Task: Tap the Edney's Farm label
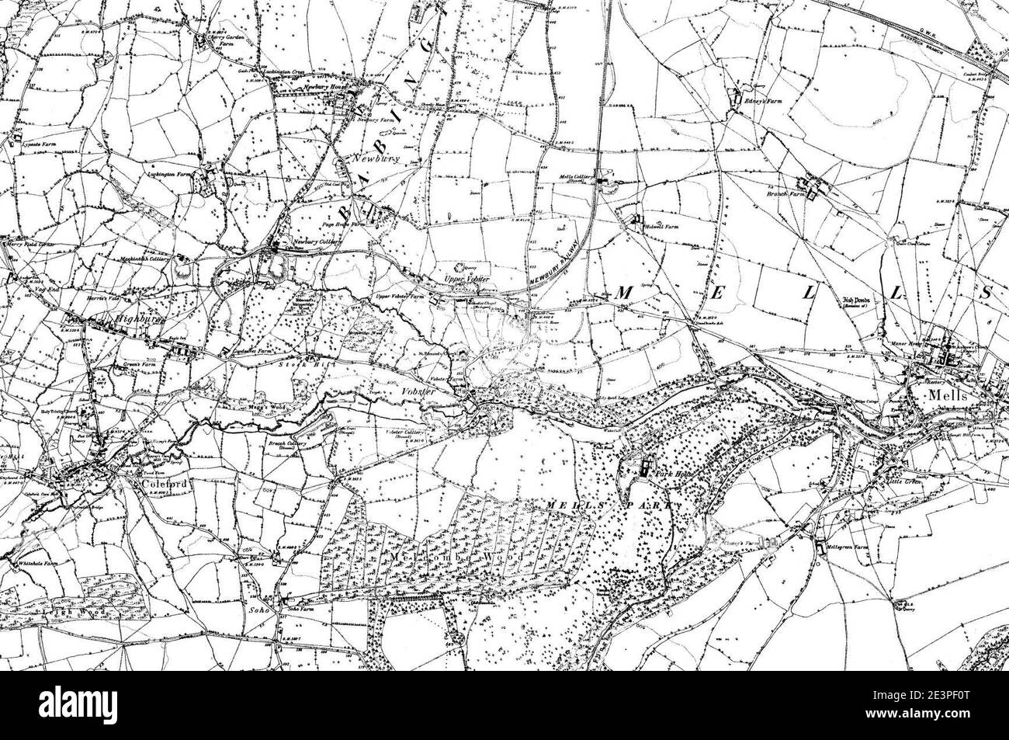(765, 101)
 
